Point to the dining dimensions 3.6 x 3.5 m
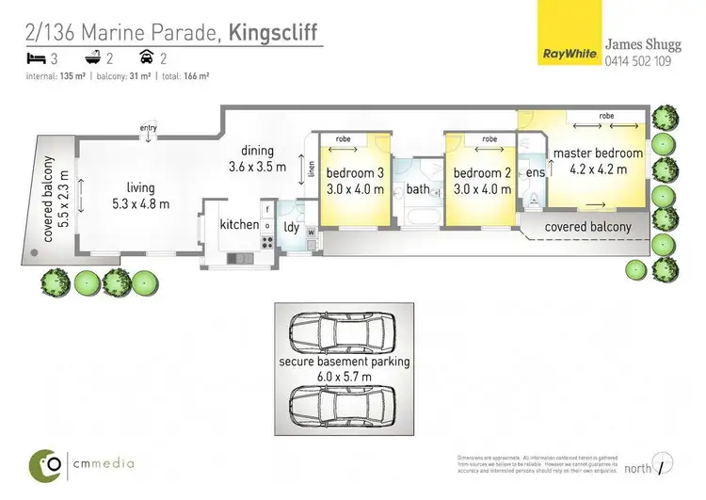point(257,167)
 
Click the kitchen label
point(238,225)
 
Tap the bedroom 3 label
point(355,173)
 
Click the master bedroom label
point(598,153)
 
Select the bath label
point(418,190)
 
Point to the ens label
point(536,173)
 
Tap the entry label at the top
point(148,128)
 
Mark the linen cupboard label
point(312,171)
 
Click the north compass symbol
point(666,466)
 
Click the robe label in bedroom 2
point(489,139)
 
